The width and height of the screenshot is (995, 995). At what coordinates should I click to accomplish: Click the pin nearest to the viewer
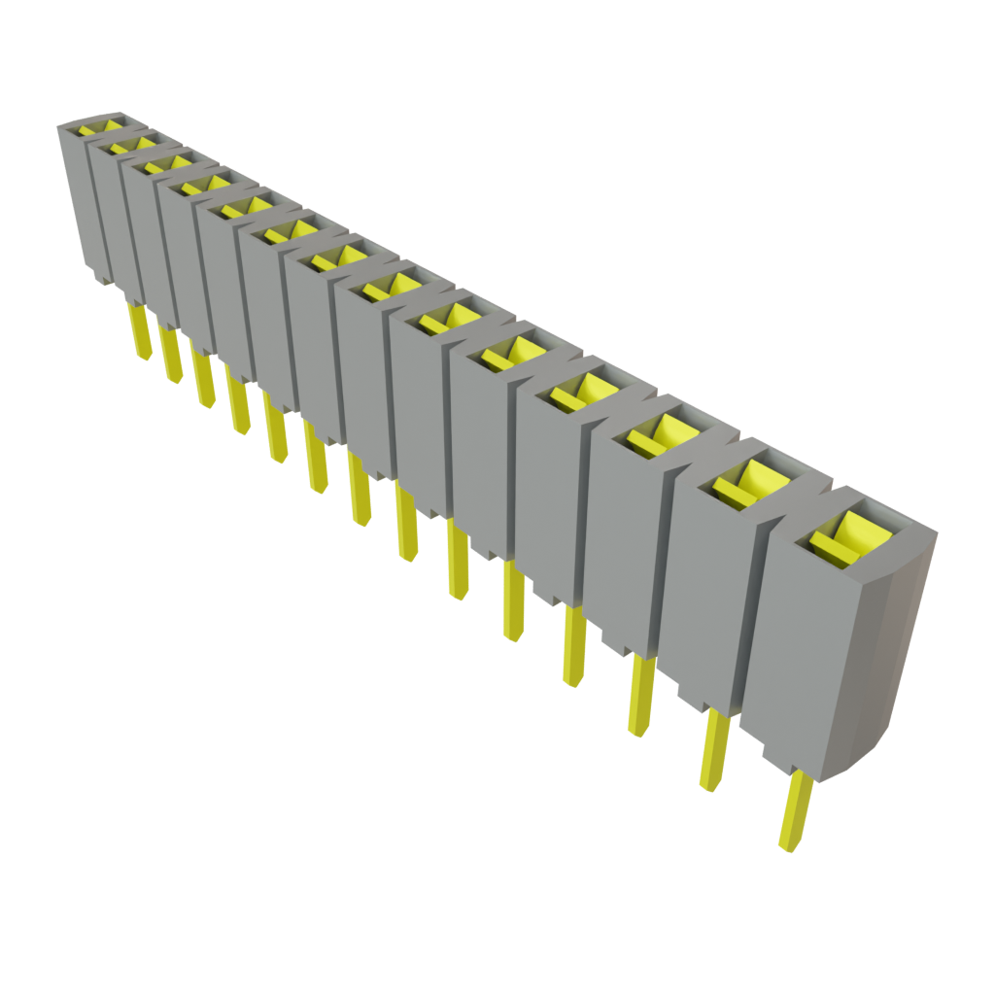click(x=795, y=810)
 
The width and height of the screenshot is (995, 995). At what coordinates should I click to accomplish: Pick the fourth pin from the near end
click(x=573, y=645)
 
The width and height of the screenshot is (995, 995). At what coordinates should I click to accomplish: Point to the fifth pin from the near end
click(x=514, y=602)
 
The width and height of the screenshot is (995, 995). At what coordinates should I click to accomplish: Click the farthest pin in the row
click(x=139, y=330)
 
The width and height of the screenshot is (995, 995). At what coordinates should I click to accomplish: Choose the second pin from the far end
click(x=170, y=355)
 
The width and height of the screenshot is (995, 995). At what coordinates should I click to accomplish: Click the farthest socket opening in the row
click(x=102, y=127)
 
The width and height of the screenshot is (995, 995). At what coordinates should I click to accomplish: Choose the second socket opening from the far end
click(x=132, y=145)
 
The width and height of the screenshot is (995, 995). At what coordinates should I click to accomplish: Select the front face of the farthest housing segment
click(x=78, y=194)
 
